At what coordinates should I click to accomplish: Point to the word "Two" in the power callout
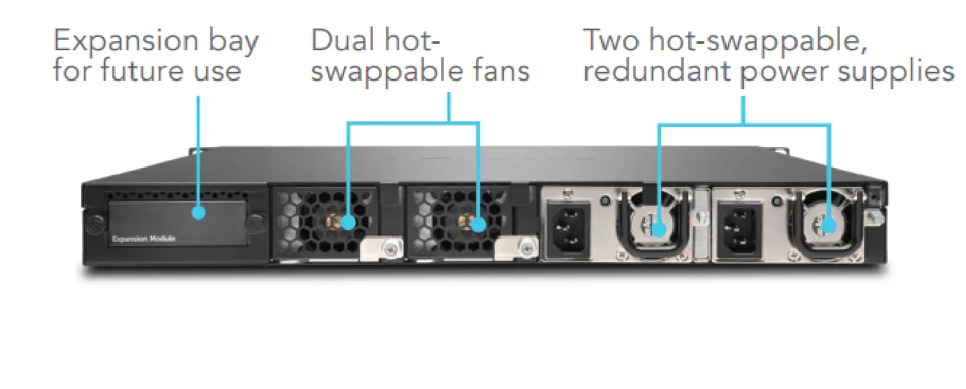611,41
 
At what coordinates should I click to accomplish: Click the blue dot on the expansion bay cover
199,212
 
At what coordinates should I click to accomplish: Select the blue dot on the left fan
348,223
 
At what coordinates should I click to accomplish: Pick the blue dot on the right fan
478,224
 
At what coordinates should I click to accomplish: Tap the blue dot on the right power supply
828,226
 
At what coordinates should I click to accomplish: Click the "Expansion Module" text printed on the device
144,239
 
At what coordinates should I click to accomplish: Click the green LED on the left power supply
605,202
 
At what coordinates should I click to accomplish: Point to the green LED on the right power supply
775,202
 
